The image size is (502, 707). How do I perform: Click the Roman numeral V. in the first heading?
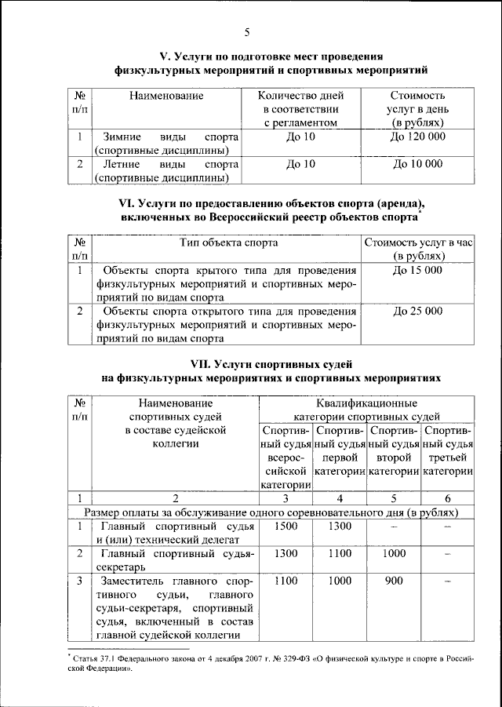(167, 56)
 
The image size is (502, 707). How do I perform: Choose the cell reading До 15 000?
(417, 270)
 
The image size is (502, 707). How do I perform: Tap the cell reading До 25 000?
(417, 311)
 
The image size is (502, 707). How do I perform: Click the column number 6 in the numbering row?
(447, 497)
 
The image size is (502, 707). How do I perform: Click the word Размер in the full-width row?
(107, 512)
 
